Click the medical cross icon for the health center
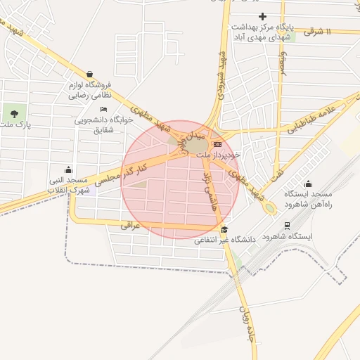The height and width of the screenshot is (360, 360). (262, 15)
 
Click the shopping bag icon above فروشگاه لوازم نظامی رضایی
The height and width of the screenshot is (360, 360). (90, 74)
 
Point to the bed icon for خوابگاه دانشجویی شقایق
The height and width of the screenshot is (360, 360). (104, 110)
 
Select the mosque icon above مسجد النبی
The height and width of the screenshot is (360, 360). (68, 169)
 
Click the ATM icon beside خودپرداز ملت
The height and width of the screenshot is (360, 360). (217, 143)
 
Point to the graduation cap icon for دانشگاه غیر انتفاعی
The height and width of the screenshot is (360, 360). (224, 229)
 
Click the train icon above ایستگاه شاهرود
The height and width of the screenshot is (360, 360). (288, 225)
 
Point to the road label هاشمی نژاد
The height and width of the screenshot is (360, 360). (212, 186)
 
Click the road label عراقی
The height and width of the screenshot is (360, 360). (131, 226)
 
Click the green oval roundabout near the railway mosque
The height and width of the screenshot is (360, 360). (269, 208)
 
